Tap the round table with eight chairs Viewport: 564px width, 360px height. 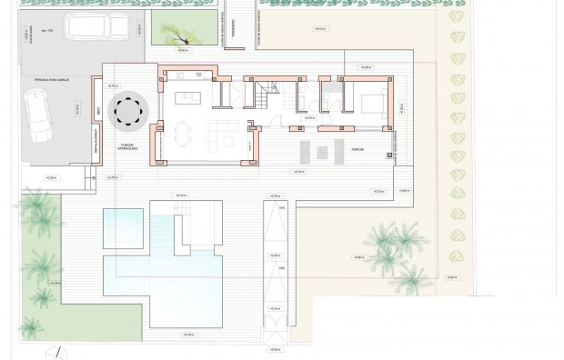(x=127, y=112)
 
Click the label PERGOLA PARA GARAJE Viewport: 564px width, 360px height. (x=50, y=81)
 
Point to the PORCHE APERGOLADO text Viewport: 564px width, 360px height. (x=127, y=147)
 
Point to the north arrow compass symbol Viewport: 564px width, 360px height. (x=56, y=353)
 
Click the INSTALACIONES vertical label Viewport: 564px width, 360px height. (x=94, y=145)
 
